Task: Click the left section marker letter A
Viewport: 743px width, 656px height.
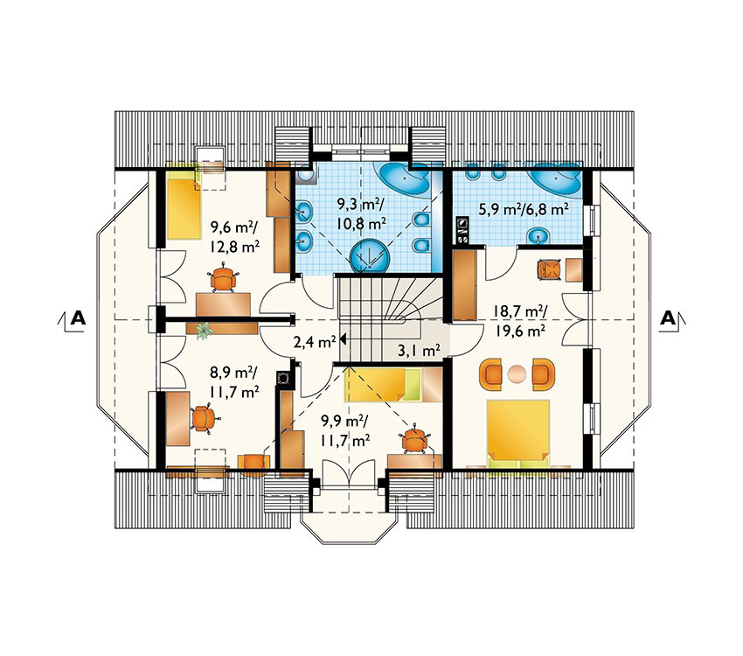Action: (78, 318)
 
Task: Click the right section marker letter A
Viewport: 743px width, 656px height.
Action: (668, 318)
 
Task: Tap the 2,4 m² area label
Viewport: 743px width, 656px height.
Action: (314, 342)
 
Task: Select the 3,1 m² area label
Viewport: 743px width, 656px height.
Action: (419, 351)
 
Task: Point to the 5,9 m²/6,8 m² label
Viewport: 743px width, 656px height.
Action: (524, 209)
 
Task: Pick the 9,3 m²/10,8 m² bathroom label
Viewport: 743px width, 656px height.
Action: (361, 213)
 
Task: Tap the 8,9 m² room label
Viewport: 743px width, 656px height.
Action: (233, 373)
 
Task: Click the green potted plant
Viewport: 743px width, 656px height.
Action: (205, 330)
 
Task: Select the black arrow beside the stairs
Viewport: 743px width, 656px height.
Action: (343, 339)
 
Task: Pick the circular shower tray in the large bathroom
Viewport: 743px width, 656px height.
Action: (370, 257)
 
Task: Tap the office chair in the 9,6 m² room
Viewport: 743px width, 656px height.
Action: (223, 280)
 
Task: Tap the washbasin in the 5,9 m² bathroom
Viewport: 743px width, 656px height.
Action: (538, 234)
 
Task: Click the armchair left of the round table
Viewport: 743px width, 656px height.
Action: (492, 374)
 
